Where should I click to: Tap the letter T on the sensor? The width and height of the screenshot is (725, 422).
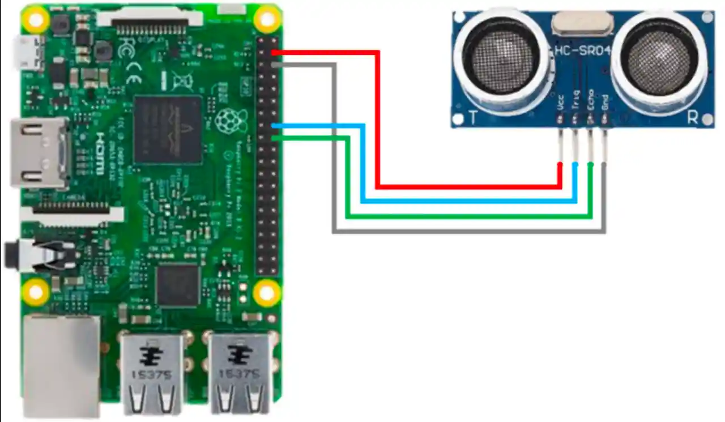tap(473, 117)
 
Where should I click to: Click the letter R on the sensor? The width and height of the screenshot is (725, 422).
tap(692, 117)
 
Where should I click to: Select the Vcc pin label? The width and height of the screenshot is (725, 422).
tap(561, 103)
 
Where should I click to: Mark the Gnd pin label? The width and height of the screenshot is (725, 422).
tap(605, 103)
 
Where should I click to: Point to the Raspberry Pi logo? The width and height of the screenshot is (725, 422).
tap(228, 120)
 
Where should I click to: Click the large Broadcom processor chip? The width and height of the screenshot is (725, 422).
tap(168, 130)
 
